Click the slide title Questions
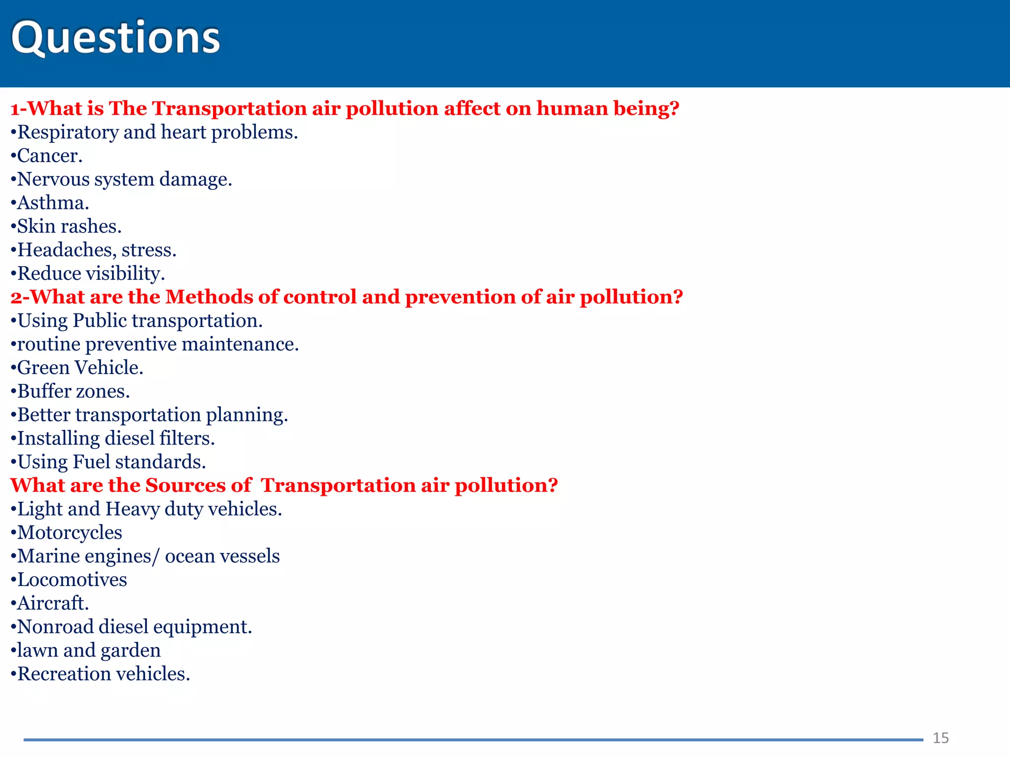pyautogui.click(x=115, y=38)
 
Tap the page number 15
pyautogui.click(x=940, y=738)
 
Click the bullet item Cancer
pyautogui.click(x=48, y=156)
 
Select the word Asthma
pyautogui.click(x=52, y=203)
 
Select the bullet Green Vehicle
pyautogui.click(x=79, y=368)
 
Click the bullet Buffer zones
pyautogui.click(x=72, y=392)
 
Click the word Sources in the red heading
pyautogui.click(x=185, y=485)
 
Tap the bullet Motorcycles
pyautogui.click(x=69, y=533)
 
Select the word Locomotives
pyautogui.click(x=72, y=580)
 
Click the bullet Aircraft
pyautogui.click(x=52, y=604)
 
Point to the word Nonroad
pyautogui.click(x=55, y=627)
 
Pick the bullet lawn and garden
pyautogui.click(x=88, y=651)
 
